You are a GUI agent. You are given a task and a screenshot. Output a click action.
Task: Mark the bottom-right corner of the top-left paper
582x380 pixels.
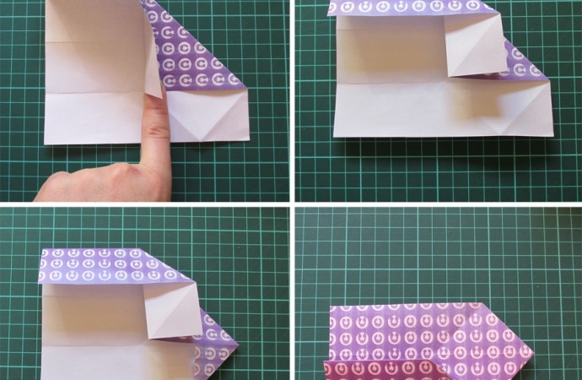coord(249,139)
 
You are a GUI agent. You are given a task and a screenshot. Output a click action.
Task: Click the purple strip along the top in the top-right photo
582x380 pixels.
coord(413,8)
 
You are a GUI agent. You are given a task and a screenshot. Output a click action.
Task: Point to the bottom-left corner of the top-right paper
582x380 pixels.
coord(334,136)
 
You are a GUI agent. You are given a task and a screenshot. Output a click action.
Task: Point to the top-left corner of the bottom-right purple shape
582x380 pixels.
coord(329,308)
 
